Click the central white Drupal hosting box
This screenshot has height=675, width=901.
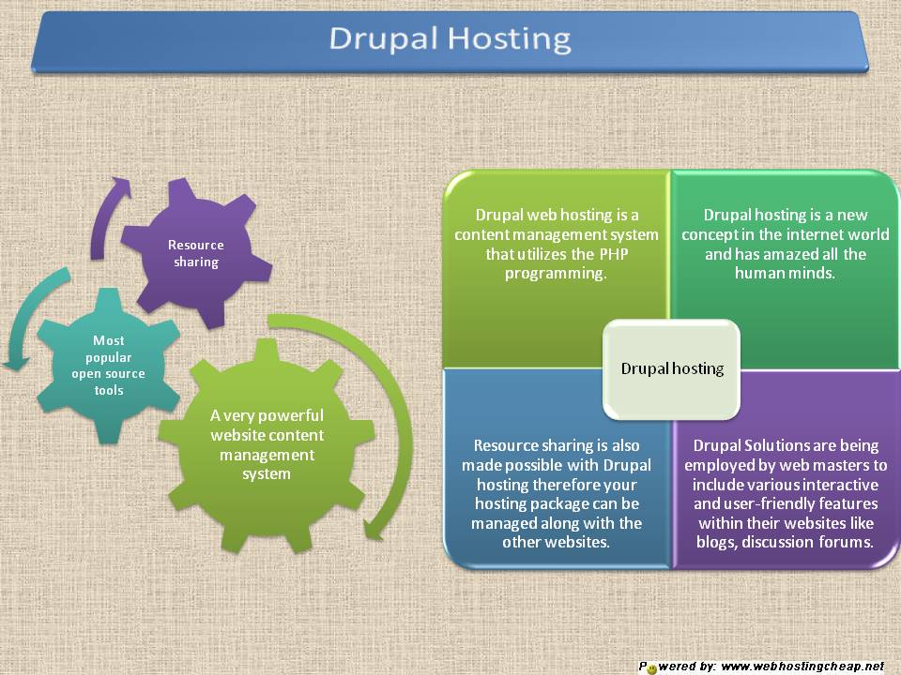click(671, 368)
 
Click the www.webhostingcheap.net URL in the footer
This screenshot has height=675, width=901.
click(803, 667)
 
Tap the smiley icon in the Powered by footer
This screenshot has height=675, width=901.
click(651, 668)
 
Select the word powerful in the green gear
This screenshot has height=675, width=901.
click(287, 415)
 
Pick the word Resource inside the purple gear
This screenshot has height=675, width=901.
click(195, 245)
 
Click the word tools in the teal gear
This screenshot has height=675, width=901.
click(108, 389)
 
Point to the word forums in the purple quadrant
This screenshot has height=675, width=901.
click(842, 542)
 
